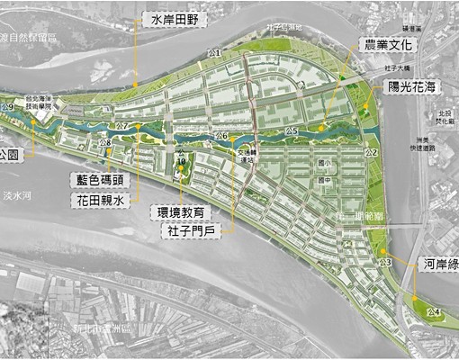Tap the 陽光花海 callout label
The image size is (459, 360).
tap(416, 86)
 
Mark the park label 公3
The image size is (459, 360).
tap(385, 261)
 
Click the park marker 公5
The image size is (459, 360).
tap(291, 131)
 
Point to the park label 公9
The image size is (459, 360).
tap(9, 107)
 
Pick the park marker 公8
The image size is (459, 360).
tap(107, 143)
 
